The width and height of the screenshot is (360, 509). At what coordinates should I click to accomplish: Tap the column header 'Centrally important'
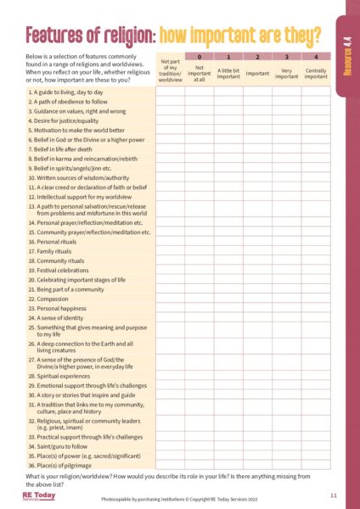(316, 74)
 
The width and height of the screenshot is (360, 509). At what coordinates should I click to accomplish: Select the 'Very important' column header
(287, 74)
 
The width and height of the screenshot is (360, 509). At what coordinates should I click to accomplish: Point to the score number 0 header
(200, 55)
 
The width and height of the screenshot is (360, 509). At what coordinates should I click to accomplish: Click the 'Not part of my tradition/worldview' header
(171, 67)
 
